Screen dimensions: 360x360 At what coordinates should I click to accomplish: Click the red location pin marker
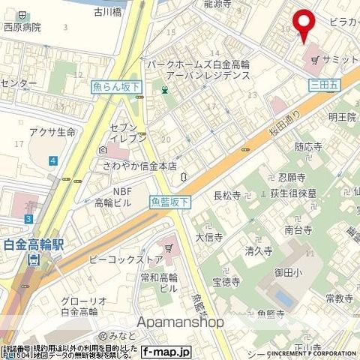point(304,24)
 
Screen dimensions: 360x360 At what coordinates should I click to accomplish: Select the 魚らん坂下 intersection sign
point(117,87)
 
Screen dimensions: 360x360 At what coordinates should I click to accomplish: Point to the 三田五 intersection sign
point(324,86)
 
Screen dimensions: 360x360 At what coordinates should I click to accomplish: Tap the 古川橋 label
point(109,13)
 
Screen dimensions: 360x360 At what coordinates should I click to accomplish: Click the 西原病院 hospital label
point(22,27)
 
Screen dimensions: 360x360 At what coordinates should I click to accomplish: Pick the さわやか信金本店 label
point(141,166)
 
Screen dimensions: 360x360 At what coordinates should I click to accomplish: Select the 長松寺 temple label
point(227,196)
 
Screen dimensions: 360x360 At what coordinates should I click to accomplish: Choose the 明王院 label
point(340,117)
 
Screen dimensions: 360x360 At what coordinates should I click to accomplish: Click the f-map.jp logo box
point(167,351)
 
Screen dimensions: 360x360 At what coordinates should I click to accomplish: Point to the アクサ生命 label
point(52,133)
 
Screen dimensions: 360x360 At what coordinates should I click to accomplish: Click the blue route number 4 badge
point(53,160)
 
